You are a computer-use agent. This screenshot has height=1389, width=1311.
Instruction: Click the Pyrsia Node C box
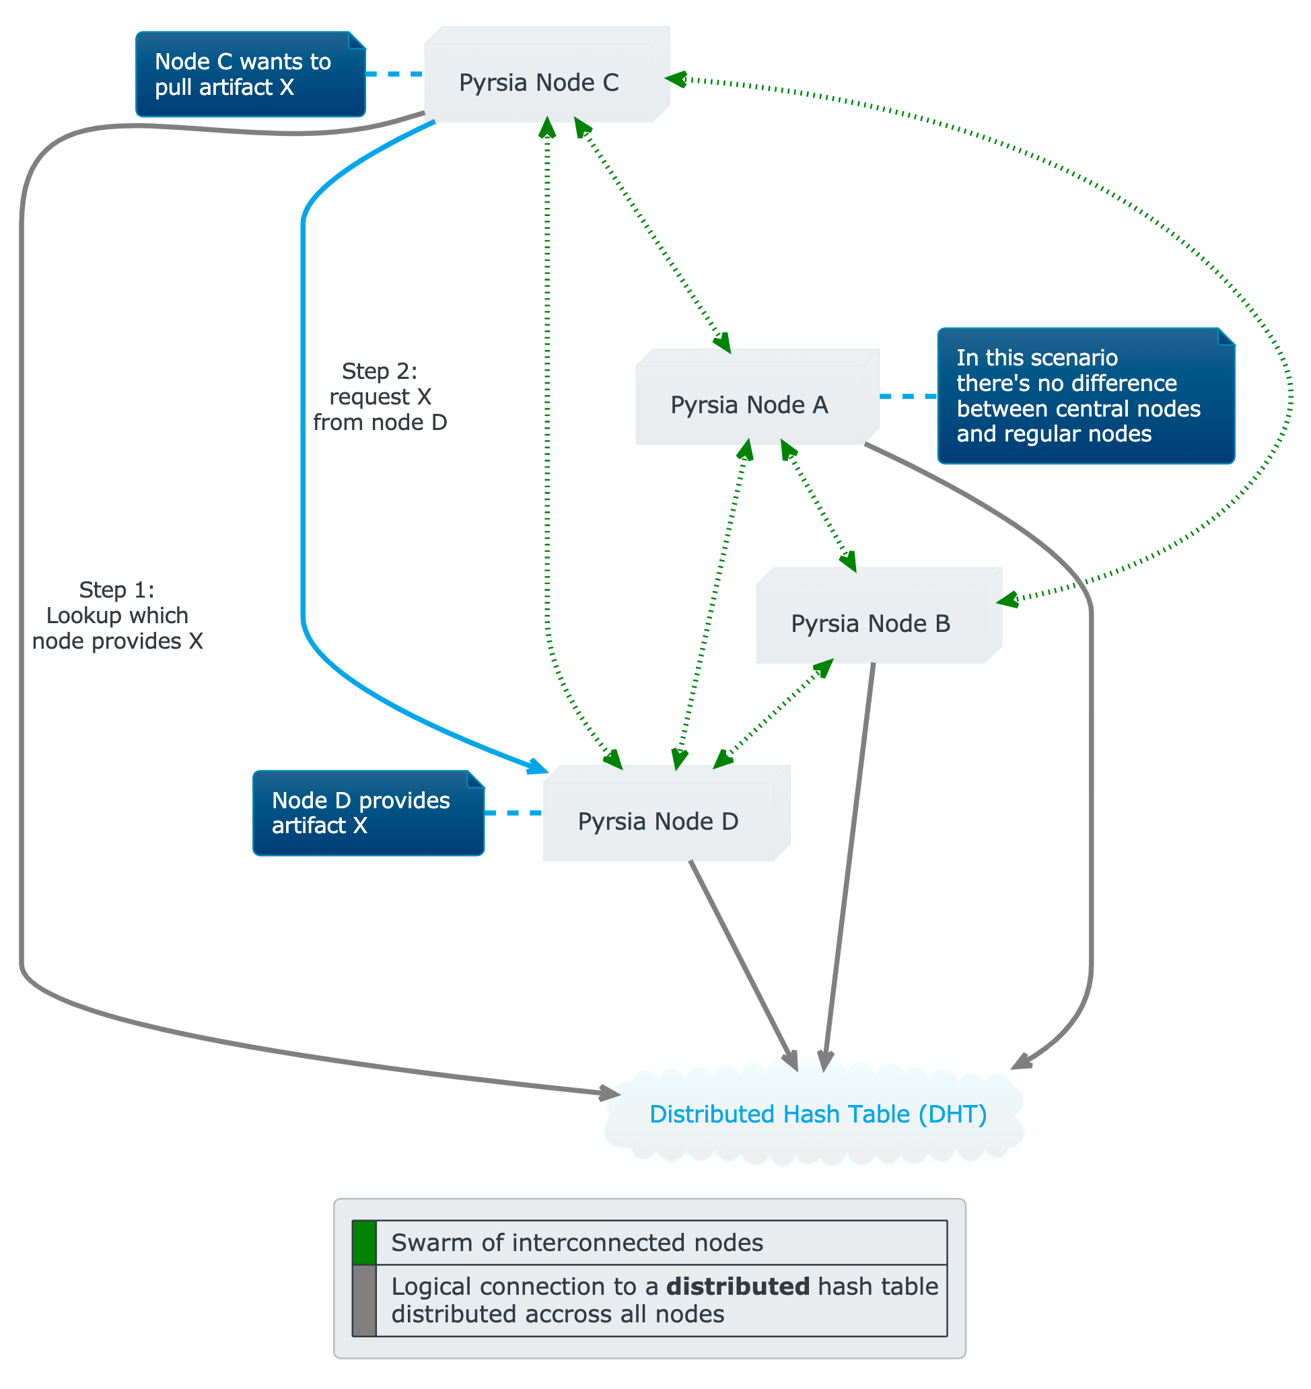(x=540, y=83)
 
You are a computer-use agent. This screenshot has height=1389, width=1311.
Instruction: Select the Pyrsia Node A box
(x=749, y=405)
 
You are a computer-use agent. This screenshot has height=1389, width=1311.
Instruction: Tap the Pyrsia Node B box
(x=871, y=623)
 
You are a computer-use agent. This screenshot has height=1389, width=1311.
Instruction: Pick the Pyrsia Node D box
(x=658, y=821)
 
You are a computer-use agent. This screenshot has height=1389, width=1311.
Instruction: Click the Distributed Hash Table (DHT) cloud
(x=818, y=1114)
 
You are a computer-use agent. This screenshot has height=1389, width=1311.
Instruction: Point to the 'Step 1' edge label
(x=117, y=616)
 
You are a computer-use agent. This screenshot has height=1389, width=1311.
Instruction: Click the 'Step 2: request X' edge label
(x=380, y=397)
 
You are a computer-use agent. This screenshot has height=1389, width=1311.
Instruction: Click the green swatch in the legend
(x=364, y=1242)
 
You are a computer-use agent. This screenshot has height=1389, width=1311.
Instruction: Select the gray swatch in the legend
(x=364, y=1300)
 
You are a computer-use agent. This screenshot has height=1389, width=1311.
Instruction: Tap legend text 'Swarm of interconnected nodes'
(x=577, y=1242)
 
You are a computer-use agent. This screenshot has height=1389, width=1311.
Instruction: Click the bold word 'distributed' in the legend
(x=737, y=1286)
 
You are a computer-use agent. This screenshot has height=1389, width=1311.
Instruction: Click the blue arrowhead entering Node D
(x=539, y=767)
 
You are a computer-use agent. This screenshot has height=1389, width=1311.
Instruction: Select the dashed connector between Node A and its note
(x=908, y=396)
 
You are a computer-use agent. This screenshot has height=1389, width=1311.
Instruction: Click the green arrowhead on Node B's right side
(x=1007, y=600)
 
